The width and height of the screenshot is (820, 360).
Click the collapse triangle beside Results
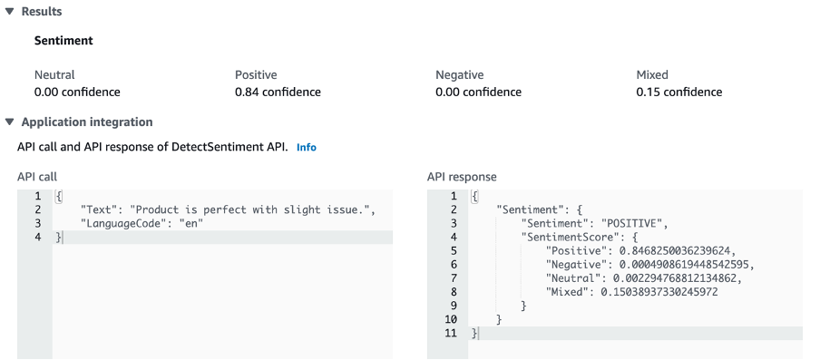tap(10, 11)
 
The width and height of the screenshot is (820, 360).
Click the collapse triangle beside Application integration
tap(10, 122)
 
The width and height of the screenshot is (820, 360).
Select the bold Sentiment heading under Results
tap(63, 41)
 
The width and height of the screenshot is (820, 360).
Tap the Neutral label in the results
tap(54, 75)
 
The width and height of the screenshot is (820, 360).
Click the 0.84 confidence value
tap(278, 92)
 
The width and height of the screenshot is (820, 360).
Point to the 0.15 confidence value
tap(679, 92)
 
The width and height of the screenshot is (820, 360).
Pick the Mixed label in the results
tap(653, 75)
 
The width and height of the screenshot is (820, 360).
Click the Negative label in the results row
tap(459, 75)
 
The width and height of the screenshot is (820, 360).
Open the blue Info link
tap(307, 147)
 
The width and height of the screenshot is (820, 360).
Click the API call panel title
tap(37, 177)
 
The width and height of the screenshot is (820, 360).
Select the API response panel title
tap(462, 177)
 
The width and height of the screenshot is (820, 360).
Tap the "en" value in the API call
tap(189, 222)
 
